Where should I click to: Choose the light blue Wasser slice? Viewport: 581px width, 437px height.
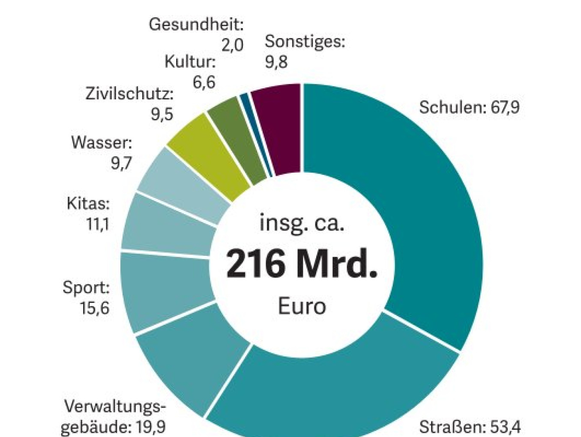(x=184, y=184)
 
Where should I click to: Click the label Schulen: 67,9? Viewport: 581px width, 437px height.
(x=469, y=107)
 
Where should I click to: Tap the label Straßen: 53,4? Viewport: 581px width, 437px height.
(x=470, y=427)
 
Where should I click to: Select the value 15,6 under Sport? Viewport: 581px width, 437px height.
(x=95, y=308)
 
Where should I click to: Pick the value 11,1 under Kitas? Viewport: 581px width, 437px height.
(x=98, y=224)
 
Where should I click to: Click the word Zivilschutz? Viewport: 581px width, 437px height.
(x=129, y=93)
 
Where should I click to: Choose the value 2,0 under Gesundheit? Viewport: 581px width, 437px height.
(x=233, y=45)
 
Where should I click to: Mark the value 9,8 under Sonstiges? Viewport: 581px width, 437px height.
(x=276, y=62)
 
